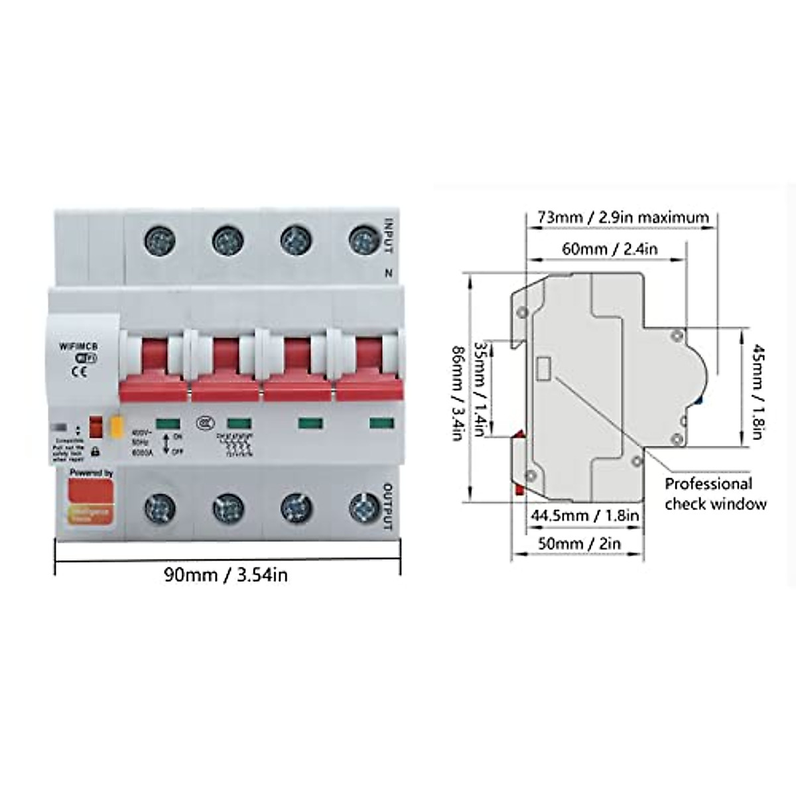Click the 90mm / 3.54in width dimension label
(226, 574)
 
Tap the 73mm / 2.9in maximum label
(617, 217)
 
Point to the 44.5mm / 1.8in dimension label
(584, 515)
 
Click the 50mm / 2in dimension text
(578, 543)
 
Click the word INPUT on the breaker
(389, 236)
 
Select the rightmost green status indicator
(381, 423)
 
